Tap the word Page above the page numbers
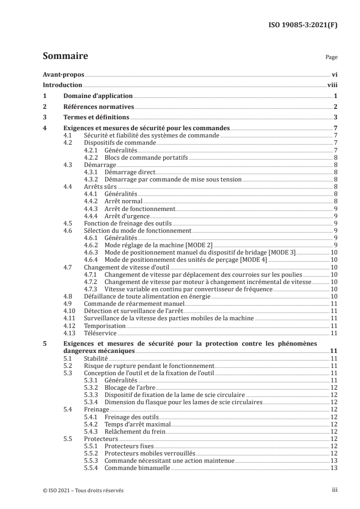[x=331, y=58]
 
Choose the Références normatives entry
[x=99, y=107]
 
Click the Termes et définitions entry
[x=94, y=117]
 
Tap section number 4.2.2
[x=93, y=157]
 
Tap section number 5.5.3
[x=93, y=460]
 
